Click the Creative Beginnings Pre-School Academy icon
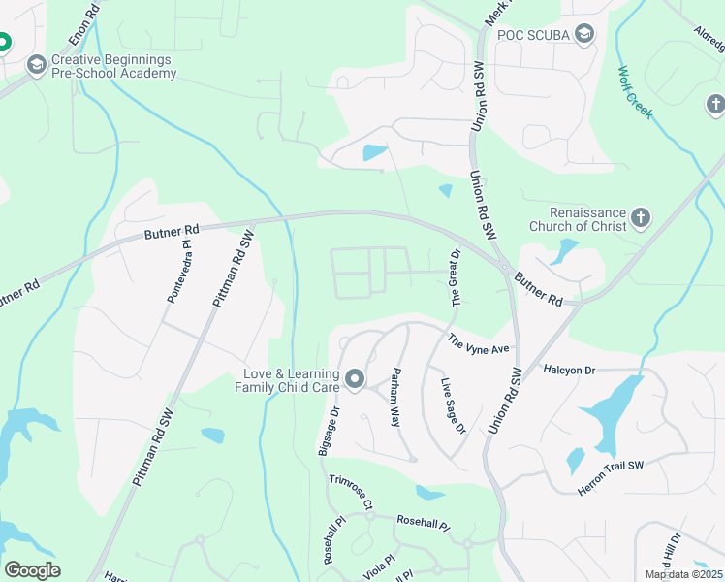tap(37, 65)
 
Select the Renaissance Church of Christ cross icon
tap(640, 218)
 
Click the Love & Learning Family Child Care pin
tap(355, 379)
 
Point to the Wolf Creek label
tap(636, 92)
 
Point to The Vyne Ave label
tap(478, 343)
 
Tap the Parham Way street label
tap(395, 398)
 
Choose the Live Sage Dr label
tap(454, 406)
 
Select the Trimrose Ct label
tap(350, 494)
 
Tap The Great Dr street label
tap(456, 276)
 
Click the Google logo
tap(32, 569)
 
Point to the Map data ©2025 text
tap(682, 574)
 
